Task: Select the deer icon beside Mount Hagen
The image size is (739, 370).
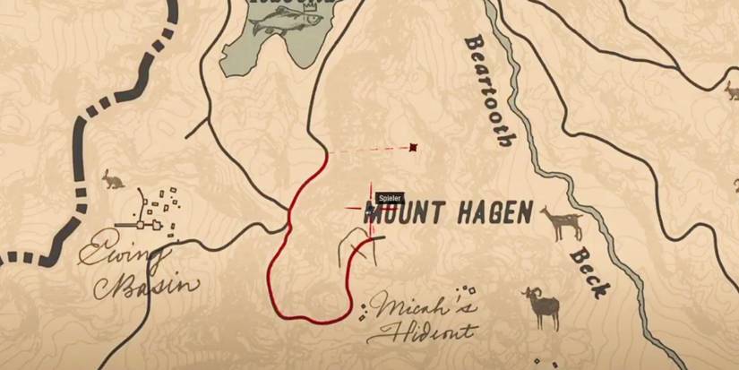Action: point(562,222)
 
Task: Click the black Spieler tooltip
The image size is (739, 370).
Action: point(389,198)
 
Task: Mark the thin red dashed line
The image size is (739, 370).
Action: point(367,151)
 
